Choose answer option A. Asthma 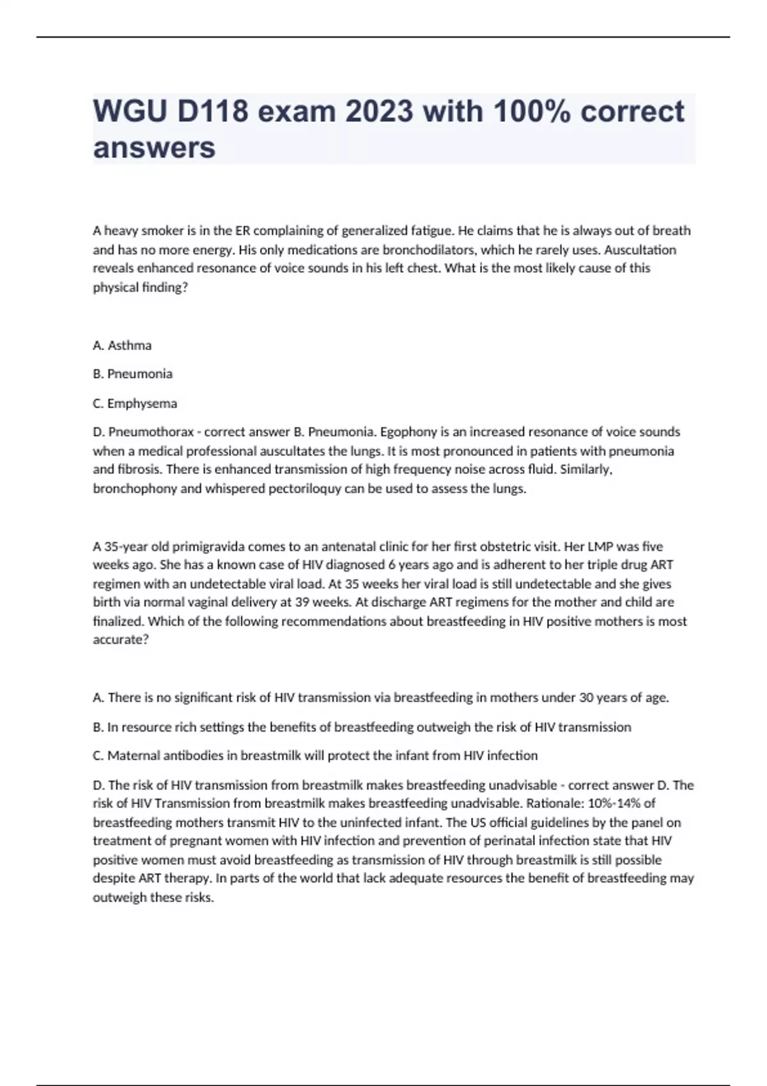[x=122, y=346]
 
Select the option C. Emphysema [x=135, y=404]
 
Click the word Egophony [x=407, y=432]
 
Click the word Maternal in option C [x=130, y=756]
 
